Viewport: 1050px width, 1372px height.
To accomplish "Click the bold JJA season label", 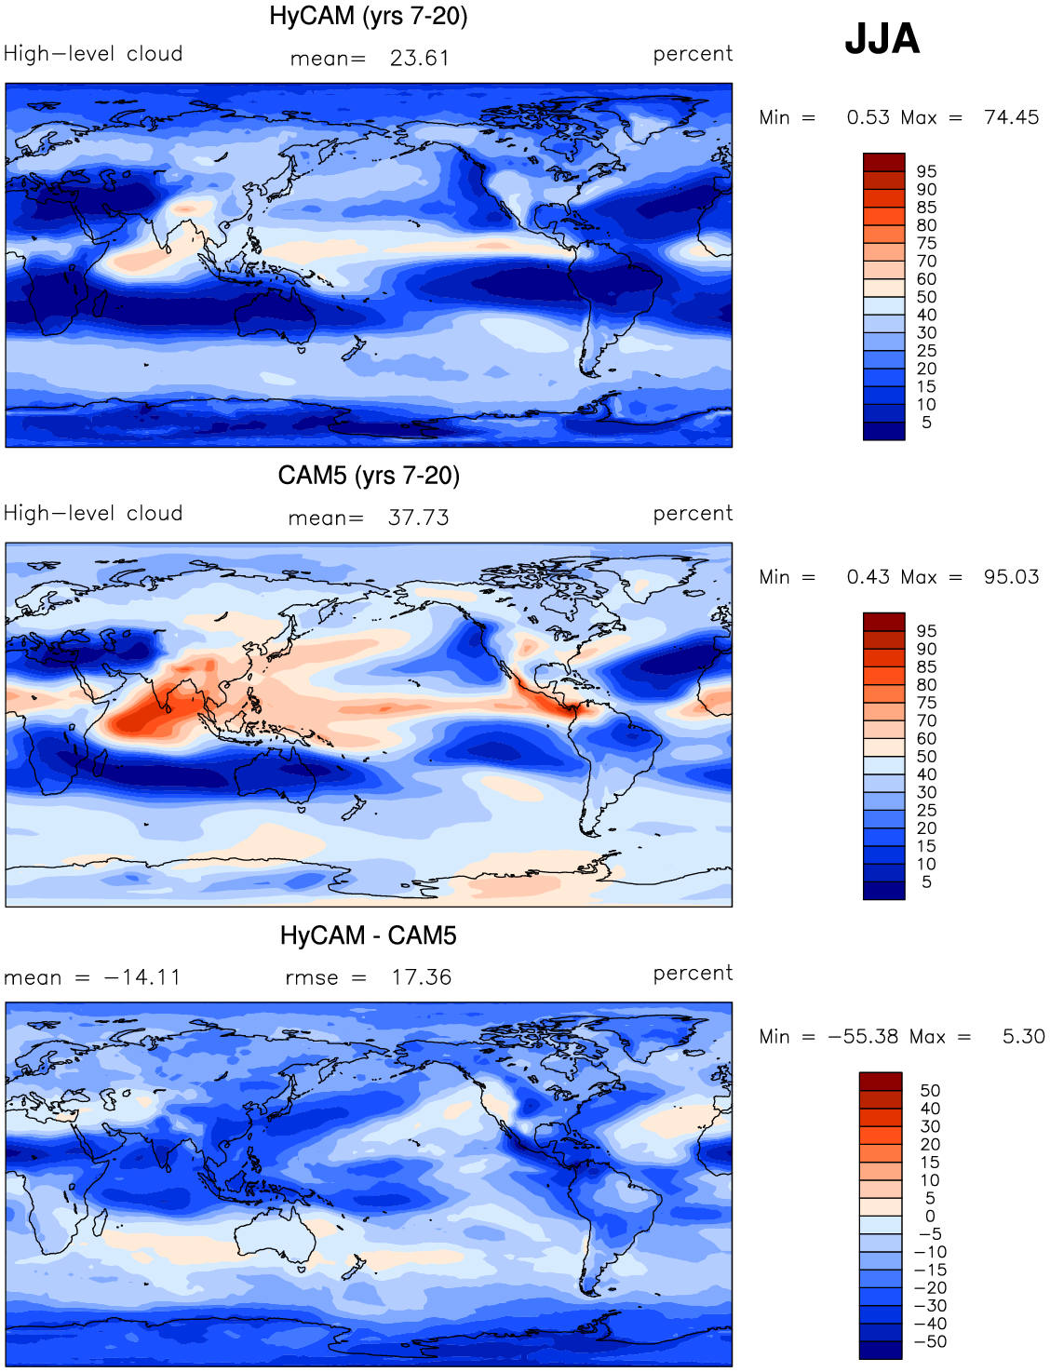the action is coord(882,39).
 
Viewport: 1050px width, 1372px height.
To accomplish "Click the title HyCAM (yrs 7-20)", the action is coord(368,16).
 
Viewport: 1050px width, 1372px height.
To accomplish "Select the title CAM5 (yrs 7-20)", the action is coord(369,476).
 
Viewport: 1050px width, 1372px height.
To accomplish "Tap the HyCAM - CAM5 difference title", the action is coord(368,935).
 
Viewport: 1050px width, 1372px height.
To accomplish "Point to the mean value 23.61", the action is coord(420,58).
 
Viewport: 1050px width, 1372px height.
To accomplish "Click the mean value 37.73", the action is coord(418,518).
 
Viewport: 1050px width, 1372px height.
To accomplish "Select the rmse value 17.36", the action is coord(422,977).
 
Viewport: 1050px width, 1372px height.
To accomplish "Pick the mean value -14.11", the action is coord(142,977).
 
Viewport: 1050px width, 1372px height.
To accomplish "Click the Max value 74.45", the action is coord(1011,117).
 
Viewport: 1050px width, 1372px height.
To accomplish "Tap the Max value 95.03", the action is coord(1011,576).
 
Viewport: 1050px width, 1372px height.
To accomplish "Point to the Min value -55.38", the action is coord(863,1036).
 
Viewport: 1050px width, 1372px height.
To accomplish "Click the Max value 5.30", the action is coord(1024,1036).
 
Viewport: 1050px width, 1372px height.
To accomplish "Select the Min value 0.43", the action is coord(868,576).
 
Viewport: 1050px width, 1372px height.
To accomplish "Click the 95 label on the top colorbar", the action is coord(926,171).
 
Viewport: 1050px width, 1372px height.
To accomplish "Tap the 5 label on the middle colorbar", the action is coord(926,882).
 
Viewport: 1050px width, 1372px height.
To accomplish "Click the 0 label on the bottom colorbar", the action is coord(930,1216).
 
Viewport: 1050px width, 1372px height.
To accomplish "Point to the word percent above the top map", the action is coord(693,54).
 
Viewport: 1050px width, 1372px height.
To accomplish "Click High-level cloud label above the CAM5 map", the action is coord(93,513).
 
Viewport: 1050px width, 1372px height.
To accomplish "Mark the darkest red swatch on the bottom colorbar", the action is coord(881,1082).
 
